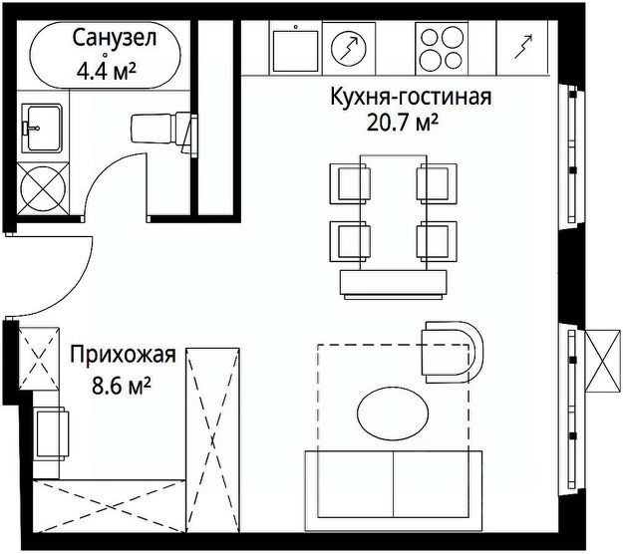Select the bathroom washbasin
[x=40, y=125]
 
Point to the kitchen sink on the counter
[x=295, y=44]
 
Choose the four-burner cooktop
[x=440, y=46]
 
